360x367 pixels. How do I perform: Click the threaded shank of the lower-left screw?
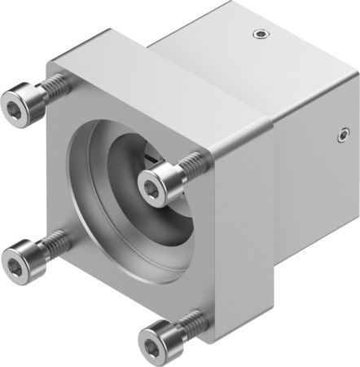55,241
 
